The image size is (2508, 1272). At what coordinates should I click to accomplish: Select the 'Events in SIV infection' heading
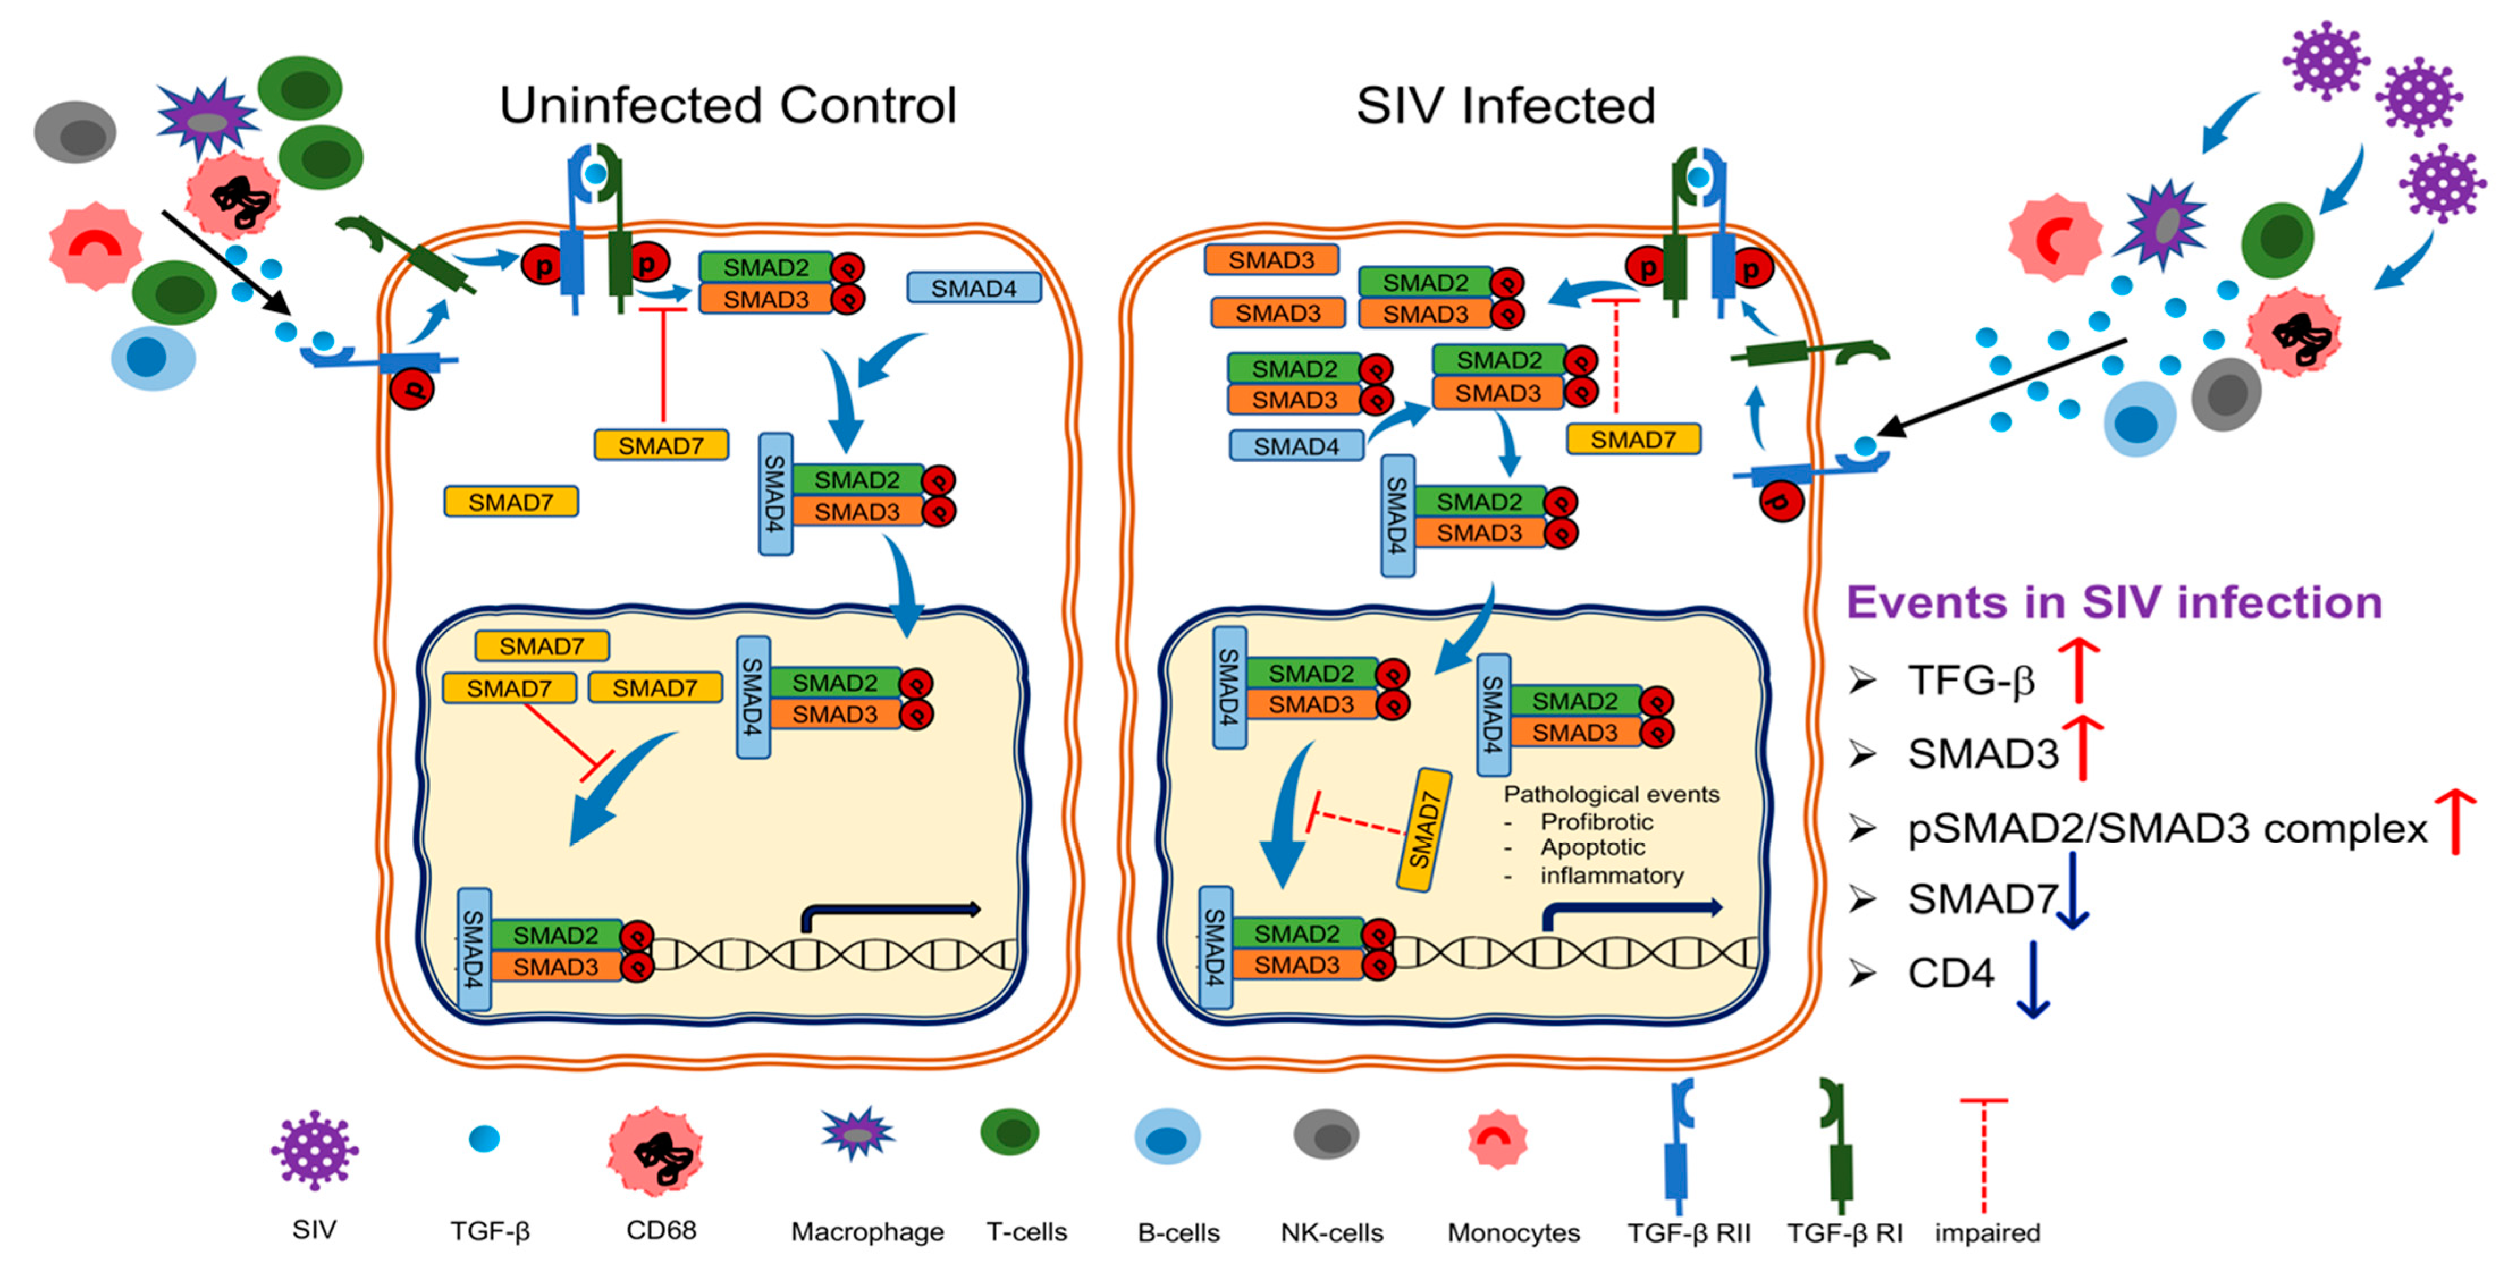click(x=2114, y=602)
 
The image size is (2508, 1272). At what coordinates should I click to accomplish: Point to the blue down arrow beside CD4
click(x=2032, y=978)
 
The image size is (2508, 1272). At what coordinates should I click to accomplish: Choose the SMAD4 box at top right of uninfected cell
click(x=973, y=288)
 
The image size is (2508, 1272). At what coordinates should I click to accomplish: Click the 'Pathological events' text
click(x=1611, y=794)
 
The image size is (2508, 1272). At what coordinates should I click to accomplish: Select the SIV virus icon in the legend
click(x=314, y=1150)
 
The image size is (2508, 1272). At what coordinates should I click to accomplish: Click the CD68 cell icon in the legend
click(x=655, y=1150)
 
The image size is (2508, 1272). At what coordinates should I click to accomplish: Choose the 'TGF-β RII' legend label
click(x=1688, y=1233)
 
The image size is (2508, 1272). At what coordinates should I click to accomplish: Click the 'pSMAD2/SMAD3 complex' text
click(x=2167, y=828)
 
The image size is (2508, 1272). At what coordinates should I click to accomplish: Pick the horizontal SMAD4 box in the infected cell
click(x=1296, y=446)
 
